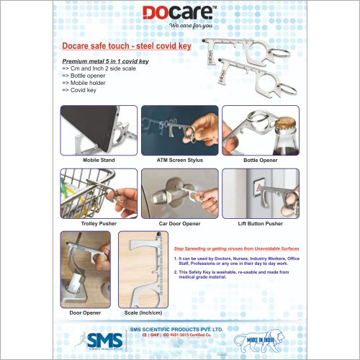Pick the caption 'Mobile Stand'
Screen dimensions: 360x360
click(100, 159)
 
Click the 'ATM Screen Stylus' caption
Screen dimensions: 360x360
click(179, 159)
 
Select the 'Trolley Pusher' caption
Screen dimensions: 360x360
click(100, 224)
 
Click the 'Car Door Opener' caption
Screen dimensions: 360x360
click(179, 224)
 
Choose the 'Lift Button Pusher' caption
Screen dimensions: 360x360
click(259, 224)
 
